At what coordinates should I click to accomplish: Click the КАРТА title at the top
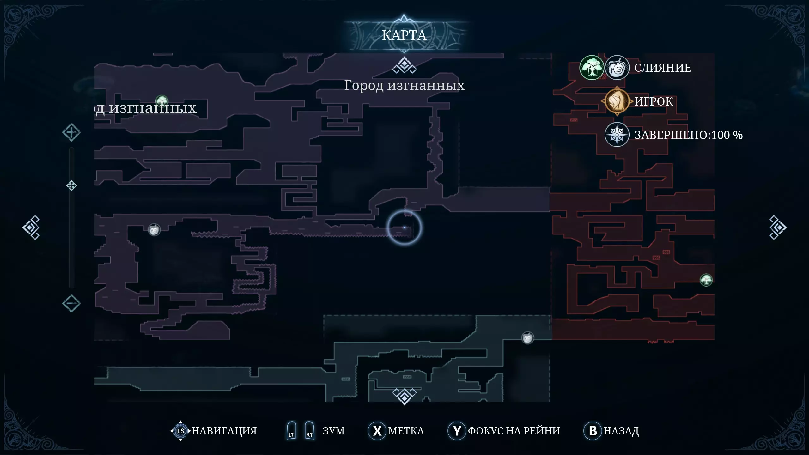point(404,35)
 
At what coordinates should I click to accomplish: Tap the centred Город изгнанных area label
point(404,85)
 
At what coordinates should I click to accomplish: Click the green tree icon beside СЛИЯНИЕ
point(592,68)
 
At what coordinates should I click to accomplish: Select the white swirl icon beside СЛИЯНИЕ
point(617,68)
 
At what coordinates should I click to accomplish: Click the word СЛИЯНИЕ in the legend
point(663,68)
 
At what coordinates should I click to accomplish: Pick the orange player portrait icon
point(617,101)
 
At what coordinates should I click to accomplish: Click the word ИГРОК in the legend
point(654,101)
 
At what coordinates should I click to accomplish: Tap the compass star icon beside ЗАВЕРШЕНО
point(617,135)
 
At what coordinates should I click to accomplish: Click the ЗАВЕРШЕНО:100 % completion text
point(688,135)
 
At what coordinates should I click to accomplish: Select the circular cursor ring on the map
point(404,227)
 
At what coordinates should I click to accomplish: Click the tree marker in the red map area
point(706,280)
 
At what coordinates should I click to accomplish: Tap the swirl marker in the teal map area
point(528,338)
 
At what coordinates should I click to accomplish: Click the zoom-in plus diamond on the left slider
point(71,132)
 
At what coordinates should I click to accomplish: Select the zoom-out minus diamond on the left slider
point(71,303)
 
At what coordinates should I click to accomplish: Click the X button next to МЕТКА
point(377,431)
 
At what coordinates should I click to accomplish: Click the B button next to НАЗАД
point(593,431)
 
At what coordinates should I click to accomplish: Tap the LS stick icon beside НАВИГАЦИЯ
point(180,431)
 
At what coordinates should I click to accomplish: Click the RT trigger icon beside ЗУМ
point(309,431)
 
